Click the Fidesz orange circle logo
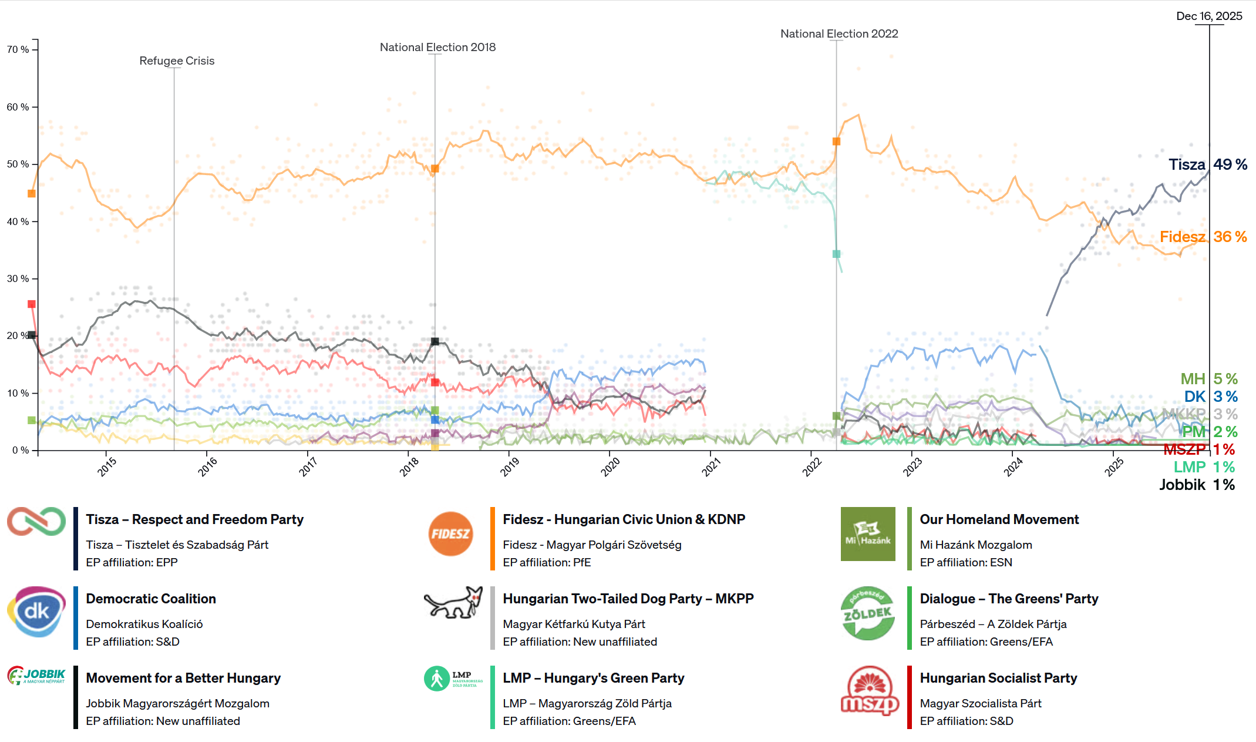pyautogui.click(x=450, y=534)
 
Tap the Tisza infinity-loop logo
pyautogui.click(x=36, y=522)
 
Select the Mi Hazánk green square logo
pyautogui.click(x=868, y=534)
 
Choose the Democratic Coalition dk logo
pyautogui.click(x=36, y=612)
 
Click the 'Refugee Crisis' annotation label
pyautogui.click(x=177, y=61)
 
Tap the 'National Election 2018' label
pyautogui.click(x=437, y=48)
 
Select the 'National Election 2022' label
pyautogui.click(x=839, y=34)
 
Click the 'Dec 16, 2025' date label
pyautogui.click(x=1209, y=16)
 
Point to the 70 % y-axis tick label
pyautogui.click(x=18, y=50)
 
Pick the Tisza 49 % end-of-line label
pyautogui.click(x=1207, y=164)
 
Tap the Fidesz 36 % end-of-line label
pyautogui.click(x=1203, y=237)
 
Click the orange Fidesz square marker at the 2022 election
pyautogui.click(x=836, y=142)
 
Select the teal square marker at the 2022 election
pyautogui.click(x=836, y=254)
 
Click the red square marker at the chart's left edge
pyautogui.click(x=32, y=304)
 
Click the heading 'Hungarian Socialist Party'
pyautogui.click(x=998, y=678)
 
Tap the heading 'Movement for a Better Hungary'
pyautogui.click(x=183, y=678)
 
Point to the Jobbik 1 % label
pyautogui.click(x=1197, y=485)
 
